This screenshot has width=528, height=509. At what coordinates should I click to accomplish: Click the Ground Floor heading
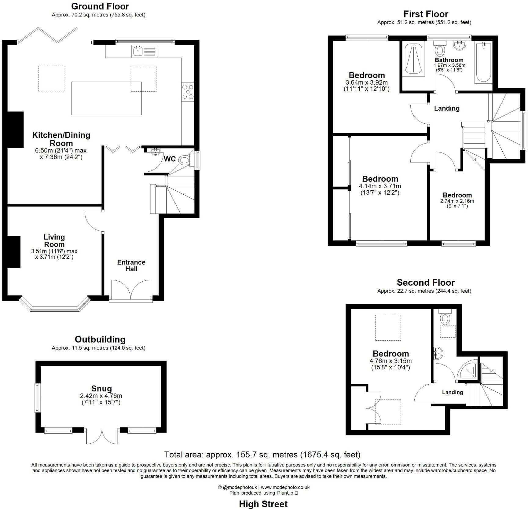pyautogui.click(x=100, y=6)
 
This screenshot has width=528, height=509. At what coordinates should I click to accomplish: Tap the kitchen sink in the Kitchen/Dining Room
pyautogui.click(x=138, y=51)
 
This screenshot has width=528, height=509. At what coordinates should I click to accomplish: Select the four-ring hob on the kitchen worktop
pyautogui.click(x=188, y=92)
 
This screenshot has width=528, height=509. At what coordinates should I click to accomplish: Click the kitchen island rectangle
pyautogui.click(x=106, y=98)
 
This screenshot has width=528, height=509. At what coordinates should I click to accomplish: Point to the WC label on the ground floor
pyautogui.click(x=170, y=159)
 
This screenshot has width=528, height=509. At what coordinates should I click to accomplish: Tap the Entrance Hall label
pyautogui.click(x=131, y=265)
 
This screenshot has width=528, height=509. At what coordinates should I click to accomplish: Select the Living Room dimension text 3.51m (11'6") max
pyautogui.click(x=54, y=251)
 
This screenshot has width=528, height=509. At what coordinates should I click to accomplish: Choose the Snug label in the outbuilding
pyautogui.click(x=101, y=388)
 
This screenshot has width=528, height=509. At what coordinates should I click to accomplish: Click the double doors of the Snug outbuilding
pyautogui.click(x=102, y=436)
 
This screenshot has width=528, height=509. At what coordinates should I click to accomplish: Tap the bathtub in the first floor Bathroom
pyautogui.click(x=483, y=63)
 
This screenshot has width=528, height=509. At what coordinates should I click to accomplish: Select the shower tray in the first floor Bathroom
pyautogui.click(x=413, y=59)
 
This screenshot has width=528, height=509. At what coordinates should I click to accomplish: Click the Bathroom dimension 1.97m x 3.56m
pyautogui.click(x=449, y=65)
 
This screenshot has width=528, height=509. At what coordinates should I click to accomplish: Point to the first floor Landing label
pyautogui.click(x=447, y=108)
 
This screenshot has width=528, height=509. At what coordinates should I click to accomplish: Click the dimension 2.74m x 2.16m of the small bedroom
pyautogui.click(x=457, y=201)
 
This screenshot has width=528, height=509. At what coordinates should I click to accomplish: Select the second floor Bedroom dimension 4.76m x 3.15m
pyautogui.click(x=391, y=361)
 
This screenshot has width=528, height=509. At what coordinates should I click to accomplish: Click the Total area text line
pyautogui.click(x=262, y=455)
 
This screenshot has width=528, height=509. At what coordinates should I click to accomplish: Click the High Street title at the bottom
pyautogui.click(x=263, y=504)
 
